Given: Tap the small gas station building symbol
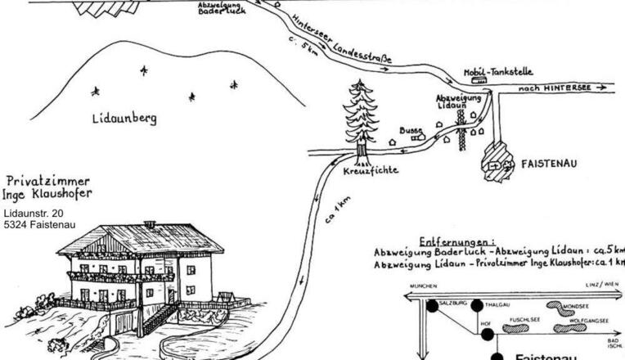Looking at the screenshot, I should pos(480,81).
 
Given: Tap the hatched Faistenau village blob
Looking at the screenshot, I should pos(497,159).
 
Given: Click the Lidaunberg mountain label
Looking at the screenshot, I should pos(124,119).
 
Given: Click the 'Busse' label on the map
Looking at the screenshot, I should pos(411,130).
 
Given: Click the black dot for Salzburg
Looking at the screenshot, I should pos(432,307).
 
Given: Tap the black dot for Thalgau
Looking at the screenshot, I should pos(477,306).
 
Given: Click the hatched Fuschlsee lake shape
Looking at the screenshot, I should pos(517,326).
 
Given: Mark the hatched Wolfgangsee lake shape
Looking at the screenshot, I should pos(570,328).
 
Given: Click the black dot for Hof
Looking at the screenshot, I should pos(486,335).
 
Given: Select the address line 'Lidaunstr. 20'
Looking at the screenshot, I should pos(34,214).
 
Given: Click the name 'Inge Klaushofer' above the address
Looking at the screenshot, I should pos(49,194).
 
